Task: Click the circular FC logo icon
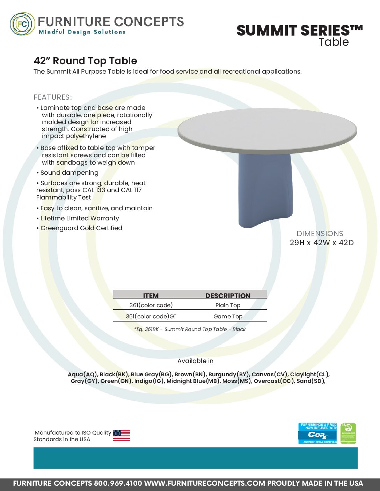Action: click(x=23, y=24)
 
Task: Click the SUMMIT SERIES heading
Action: click(x=299, y=31)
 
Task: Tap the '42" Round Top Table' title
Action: click(x=85, y=61)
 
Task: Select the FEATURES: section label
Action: click(x=53, y=97)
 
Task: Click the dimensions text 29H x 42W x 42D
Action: click(x=321, y=243)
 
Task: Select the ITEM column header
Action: click(x=151, y=295)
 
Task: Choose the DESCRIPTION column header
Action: click(x=228, y=295)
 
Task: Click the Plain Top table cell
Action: click(x=228, y=305)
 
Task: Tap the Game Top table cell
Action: click(x=228, y=317)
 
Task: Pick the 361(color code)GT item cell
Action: click(x=151, y=317)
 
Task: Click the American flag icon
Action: click(x=121, y=436)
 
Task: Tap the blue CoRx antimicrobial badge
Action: click(x=317, y=433)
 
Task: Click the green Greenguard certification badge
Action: click(x=348, y=433)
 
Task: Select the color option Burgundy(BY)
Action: click(x=229, y=375)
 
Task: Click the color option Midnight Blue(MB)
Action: click(x=193, y=381)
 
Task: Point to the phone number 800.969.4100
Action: click(x=118, y=483)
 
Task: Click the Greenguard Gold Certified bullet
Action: click(x=81, y=228)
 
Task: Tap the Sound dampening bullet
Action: click(x=69, y=173)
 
